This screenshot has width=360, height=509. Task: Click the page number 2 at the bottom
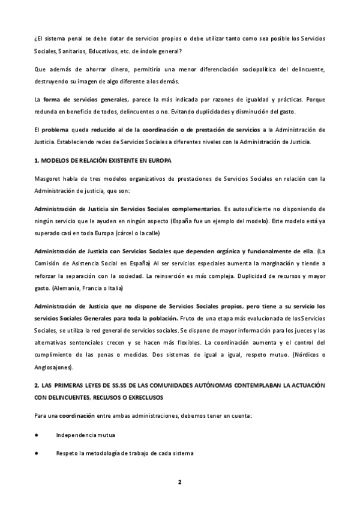[179, 482]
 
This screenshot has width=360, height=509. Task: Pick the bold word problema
[55, 130]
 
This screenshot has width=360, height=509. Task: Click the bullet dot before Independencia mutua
[37, 435]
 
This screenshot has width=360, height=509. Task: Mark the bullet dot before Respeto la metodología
[37, 453]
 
